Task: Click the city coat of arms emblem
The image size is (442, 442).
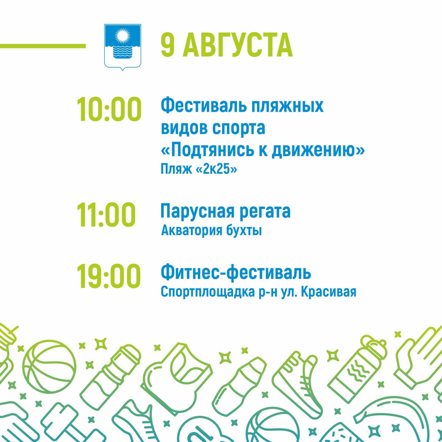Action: (x=123, y=47)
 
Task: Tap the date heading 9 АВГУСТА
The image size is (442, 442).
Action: (x=227, y=46)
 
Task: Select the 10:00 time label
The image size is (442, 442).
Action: (x=109, y=109)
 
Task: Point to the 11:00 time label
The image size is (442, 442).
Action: (x=106, y=215)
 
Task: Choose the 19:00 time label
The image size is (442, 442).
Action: (x=108, y=276)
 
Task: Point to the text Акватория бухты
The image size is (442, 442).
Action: (x=211, y=231)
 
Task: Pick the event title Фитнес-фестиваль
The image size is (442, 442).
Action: (x=236, y=272)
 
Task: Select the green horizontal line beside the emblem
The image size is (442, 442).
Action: (x=43, y=46)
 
